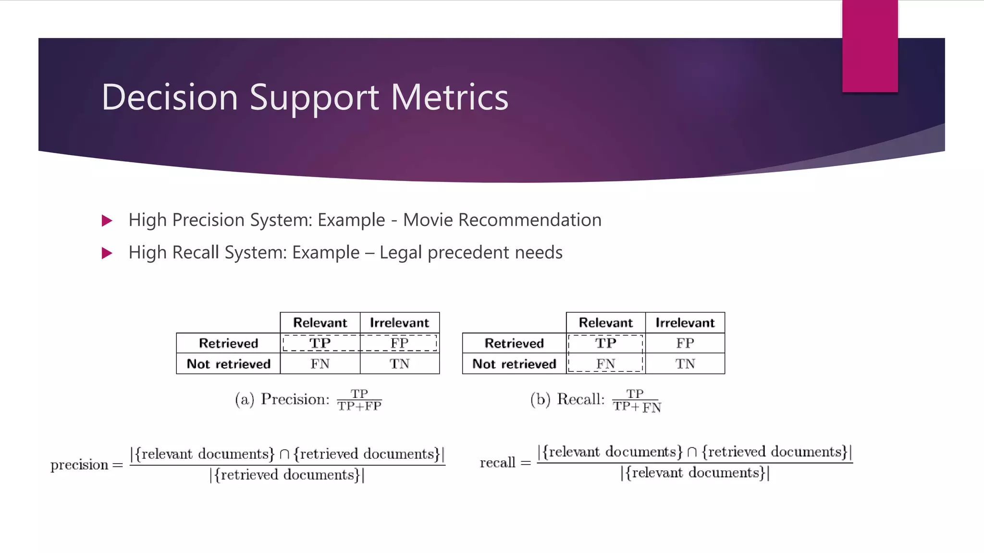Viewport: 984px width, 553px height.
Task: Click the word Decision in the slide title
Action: click(170, 97)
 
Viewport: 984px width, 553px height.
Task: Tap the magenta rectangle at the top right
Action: click(870, 46)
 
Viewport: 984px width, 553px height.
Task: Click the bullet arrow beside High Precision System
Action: click(107, 221)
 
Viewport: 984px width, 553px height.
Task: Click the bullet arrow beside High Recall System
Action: click(107, 253)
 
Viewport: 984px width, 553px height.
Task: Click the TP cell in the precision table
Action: click(320, 343)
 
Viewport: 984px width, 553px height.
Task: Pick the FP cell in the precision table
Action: click(399, 343)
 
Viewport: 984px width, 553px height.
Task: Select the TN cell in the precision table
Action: click(399, 364)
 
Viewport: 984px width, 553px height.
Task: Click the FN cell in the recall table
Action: click(605, 364)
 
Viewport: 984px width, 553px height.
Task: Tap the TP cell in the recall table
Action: click(605, 343)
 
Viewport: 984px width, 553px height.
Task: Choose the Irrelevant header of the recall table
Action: click(685, 323)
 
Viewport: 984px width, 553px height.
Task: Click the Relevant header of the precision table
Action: click(320, 323)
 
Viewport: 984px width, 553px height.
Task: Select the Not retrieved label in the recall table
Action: click(514, 364)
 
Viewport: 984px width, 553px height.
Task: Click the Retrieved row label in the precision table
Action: click(228, 343)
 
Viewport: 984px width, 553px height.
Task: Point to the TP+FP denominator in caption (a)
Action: click(359, 406)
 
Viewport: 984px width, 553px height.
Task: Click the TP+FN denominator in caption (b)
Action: click(637, 407)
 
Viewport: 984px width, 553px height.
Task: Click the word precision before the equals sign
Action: click(79, 465)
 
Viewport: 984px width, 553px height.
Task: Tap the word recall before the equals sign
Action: click(497, 463)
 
